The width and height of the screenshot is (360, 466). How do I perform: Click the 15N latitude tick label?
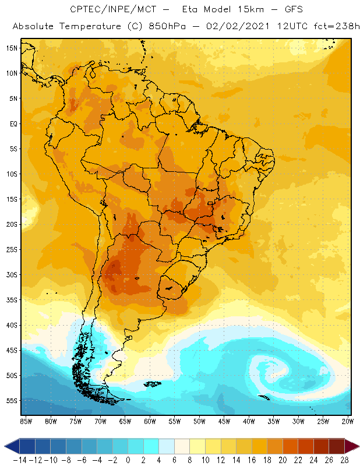(x=12, y=48)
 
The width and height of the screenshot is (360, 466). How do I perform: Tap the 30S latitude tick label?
(x=12, y=274)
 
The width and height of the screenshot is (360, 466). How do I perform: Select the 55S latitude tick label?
(x=12, y=401)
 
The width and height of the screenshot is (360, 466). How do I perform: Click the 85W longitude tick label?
(x=26, y=421)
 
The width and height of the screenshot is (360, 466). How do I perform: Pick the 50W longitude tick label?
(x=199, y=421)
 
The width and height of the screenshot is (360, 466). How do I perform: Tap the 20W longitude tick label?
(x=348, y=421)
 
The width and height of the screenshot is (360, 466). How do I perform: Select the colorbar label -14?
(x=19, y=460)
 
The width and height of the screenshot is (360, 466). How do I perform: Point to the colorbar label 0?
(x=128, y=460)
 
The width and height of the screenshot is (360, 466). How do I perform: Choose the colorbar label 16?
(x=252, y=460)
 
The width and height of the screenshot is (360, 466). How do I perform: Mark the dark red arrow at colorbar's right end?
(x=352, y=446)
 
